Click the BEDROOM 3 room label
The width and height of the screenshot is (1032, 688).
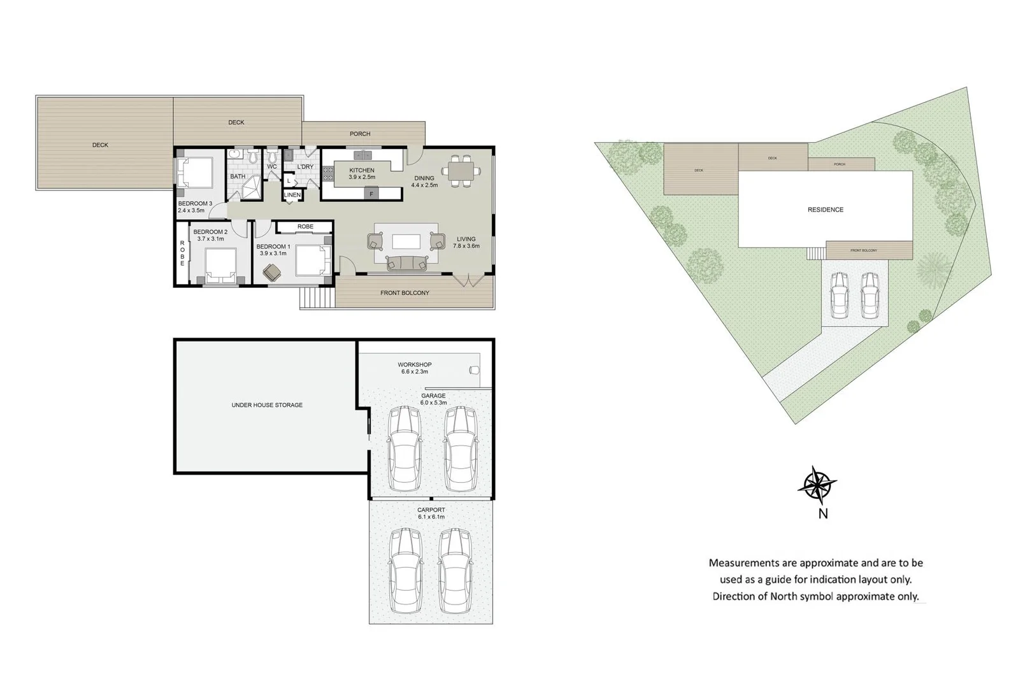195,206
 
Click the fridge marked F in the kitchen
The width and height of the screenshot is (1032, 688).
371,193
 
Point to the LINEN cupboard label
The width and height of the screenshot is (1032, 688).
292,195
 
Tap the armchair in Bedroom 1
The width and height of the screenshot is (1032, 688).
273,272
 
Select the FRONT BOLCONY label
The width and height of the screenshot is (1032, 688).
405,293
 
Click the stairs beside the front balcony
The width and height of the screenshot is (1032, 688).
317,297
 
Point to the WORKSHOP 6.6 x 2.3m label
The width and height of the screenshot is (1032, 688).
415,368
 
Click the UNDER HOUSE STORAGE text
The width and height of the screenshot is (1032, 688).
267,405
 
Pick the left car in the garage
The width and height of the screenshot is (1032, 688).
405,448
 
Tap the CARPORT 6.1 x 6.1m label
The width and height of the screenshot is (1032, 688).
431,513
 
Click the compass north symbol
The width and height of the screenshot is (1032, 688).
817,485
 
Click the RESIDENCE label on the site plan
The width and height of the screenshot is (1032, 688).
825,210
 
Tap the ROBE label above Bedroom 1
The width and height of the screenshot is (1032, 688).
305,227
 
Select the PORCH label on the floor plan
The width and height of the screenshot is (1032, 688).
360,134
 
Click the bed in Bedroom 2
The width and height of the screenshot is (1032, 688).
220,265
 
